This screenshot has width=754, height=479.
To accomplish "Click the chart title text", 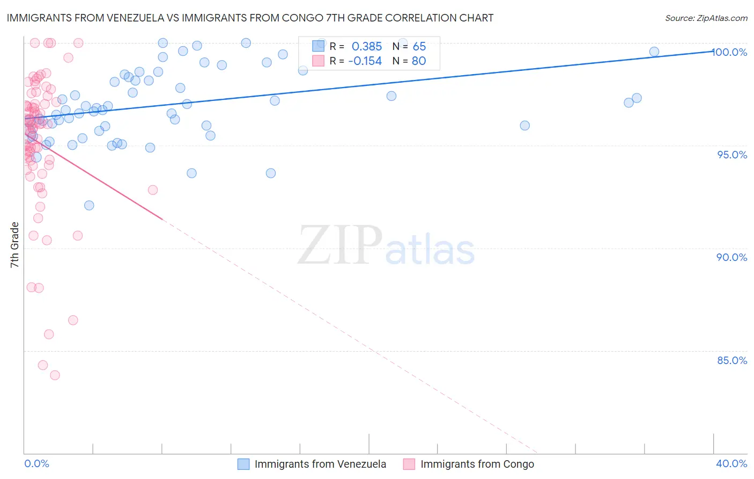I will (250, 18).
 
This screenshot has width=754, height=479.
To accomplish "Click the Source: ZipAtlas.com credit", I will (706, 18).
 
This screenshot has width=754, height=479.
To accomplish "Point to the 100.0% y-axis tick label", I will (730, 52).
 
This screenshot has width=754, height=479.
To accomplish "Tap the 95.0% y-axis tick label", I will (732, 155).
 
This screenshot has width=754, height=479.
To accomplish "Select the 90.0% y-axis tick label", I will (732, 257).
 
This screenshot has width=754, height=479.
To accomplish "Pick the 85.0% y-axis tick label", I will (732, 360).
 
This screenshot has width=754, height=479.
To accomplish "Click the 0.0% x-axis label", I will (36, 463).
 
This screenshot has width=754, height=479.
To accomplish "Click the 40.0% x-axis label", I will (731, 463).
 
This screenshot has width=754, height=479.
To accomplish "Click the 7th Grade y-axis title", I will (14, 245).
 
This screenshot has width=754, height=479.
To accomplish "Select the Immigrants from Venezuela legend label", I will (320, 464).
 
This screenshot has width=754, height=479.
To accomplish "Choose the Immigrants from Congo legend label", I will (477, 464).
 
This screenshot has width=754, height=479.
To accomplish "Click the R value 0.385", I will (367, 47).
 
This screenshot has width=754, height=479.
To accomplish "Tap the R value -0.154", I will (365, 61).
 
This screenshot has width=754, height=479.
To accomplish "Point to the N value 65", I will (419, 47).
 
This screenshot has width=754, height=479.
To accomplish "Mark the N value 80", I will (419, 61).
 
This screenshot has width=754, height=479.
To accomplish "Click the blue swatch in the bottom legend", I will (243, 464).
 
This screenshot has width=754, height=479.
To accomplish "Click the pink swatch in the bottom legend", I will (409, 464).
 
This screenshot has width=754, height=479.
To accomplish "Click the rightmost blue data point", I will (654, 52).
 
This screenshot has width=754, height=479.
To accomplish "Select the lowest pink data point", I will (55, 375).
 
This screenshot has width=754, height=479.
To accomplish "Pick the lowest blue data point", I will (89, 205).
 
